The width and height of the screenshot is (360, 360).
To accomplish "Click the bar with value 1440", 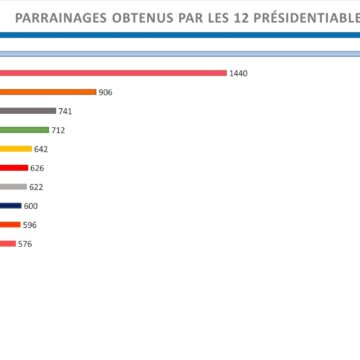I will (113, 73).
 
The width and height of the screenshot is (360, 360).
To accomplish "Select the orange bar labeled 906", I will (48, 92).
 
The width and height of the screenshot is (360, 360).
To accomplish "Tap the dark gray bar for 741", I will (28, 111).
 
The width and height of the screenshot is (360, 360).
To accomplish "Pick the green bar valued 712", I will (24, 130).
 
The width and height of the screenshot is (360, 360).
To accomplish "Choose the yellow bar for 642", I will (16, 149).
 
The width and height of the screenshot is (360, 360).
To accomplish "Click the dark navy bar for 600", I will (10, 206).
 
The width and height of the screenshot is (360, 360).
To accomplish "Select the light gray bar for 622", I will (13, 187).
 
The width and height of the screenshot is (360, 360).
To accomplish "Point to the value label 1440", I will (238, 73).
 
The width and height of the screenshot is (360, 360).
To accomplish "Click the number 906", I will (105, 92).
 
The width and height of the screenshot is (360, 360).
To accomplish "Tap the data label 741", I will (65, 111).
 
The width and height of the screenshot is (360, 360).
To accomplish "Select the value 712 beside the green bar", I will (57, 130).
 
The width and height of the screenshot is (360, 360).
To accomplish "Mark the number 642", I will (41, 149).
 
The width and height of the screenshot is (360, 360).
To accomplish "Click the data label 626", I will (37, 168).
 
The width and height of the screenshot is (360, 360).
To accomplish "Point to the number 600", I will (30, 206).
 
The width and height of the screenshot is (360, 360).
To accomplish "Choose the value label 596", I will (29, 225).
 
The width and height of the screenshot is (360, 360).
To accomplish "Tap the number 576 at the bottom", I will (24, 244).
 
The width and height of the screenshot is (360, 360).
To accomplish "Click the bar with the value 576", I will (7, 244).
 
